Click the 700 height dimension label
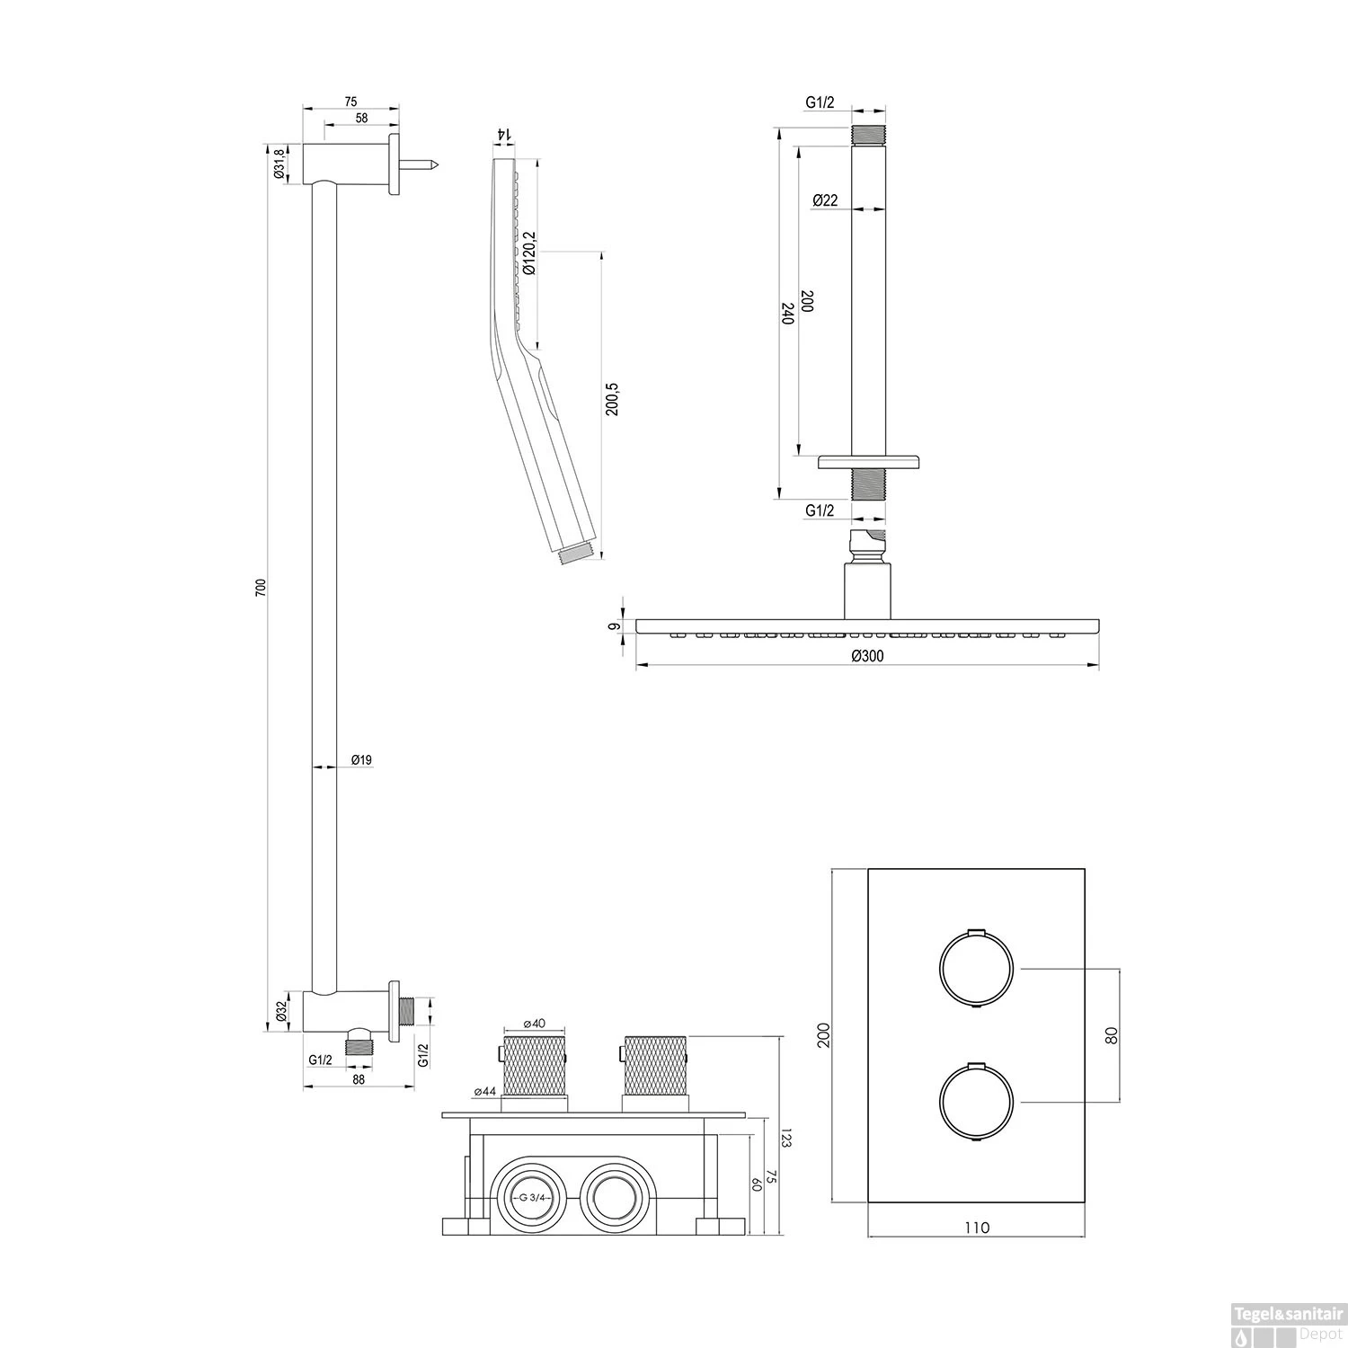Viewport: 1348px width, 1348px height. pyautogui.click(x=261, y=589)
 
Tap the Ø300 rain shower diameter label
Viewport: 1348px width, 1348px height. pyautogui.click(x=867, y=656)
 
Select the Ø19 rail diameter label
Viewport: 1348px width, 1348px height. pyautogui.click(x=361, y=760)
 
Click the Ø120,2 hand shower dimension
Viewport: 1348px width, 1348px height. pyautogui.click(x=528, y=253)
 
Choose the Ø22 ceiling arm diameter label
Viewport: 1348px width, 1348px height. pyautogui.click(x=825, y=200)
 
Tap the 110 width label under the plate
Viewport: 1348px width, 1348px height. pyautogui.click(x=977, y=1228)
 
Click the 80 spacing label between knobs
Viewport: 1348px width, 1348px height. pyautogui.click(x=1111, y=1034)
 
